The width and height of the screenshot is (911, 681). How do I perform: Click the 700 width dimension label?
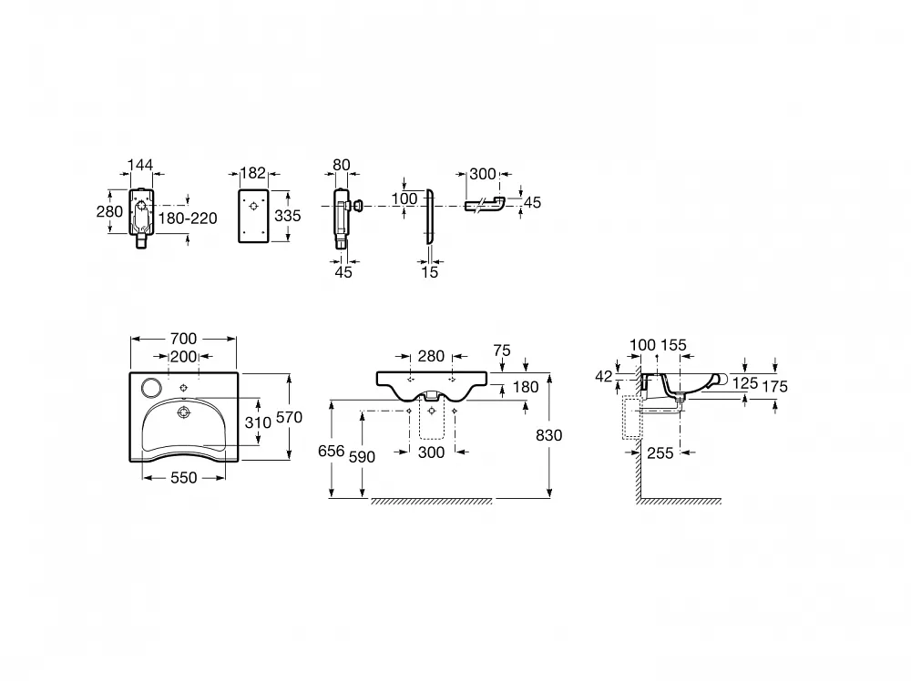[183, 339]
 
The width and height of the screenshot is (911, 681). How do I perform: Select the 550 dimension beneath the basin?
[184, 478]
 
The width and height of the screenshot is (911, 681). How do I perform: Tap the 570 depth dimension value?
[289, 417]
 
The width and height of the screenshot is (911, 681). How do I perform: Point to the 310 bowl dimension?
[258, 422]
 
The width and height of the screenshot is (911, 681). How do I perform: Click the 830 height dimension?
[548, 435]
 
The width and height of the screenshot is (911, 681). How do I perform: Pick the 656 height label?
[332, 451]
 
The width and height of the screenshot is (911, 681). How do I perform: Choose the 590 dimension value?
[362, 457]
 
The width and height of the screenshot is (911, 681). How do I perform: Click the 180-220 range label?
[188, 219]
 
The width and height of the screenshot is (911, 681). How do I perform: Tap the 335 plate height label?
[288, 216]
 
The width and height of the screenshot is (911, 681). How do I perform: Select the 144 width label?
[140, 165]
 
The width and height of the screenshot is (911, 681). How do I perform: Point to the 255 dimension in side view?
[660, 452]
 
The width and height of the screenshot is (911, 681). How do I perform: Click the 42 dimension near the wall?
[604, 377]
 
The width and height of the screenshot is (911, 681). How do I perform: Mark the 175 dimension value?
[774, 387]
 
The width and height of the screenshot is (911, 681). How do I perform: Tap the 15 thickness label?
[429, 272]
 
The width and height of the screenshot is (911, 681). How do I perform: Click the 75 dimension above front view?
[501, 351]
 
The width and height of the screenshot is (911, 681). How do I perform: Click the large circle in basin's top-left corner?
[150, 387]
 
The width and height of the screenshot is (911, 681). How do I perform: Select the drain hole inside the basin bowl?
[184, 412]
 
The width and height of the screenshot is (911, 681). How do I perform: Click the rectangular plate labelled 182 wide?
[253, 216]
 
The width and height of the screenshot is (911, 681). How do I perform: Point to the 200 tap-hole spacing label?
[184, 357]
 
